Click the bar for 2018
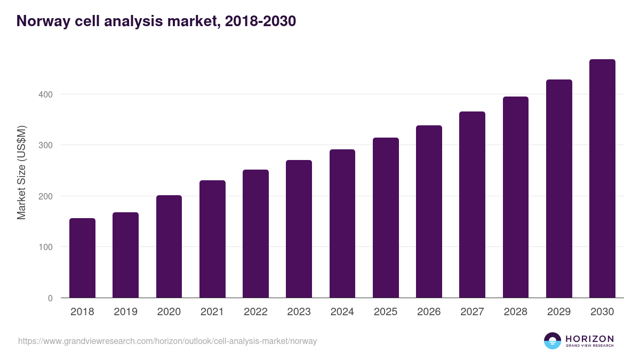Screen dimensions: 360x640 [x=82, y=258]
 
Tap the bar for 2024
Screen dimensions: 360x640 [x=342, y=223]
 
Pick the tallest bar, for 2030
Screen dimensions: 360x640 [x=602, y=179]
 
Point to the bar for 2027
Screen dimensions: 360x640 [x=472, y=205]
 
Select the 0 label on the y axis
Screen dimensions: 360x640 [x=50, y=298]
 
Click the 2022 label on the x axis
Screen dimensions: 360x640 [x=255, y=312]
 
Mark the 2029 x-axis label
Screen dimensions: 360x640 [x=559, y=312]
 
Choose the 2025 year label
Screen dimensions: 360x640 [x=386, y=312]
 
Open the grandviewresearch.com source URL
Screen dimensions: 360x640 [x=167, y=341]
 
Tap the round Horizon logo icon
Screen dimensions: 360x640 [x=553, y=341]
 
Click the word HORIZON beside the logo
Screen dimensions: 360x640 [x=589, y=339]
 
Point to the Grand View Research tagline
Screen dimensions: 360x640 [x=589, y=346]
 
